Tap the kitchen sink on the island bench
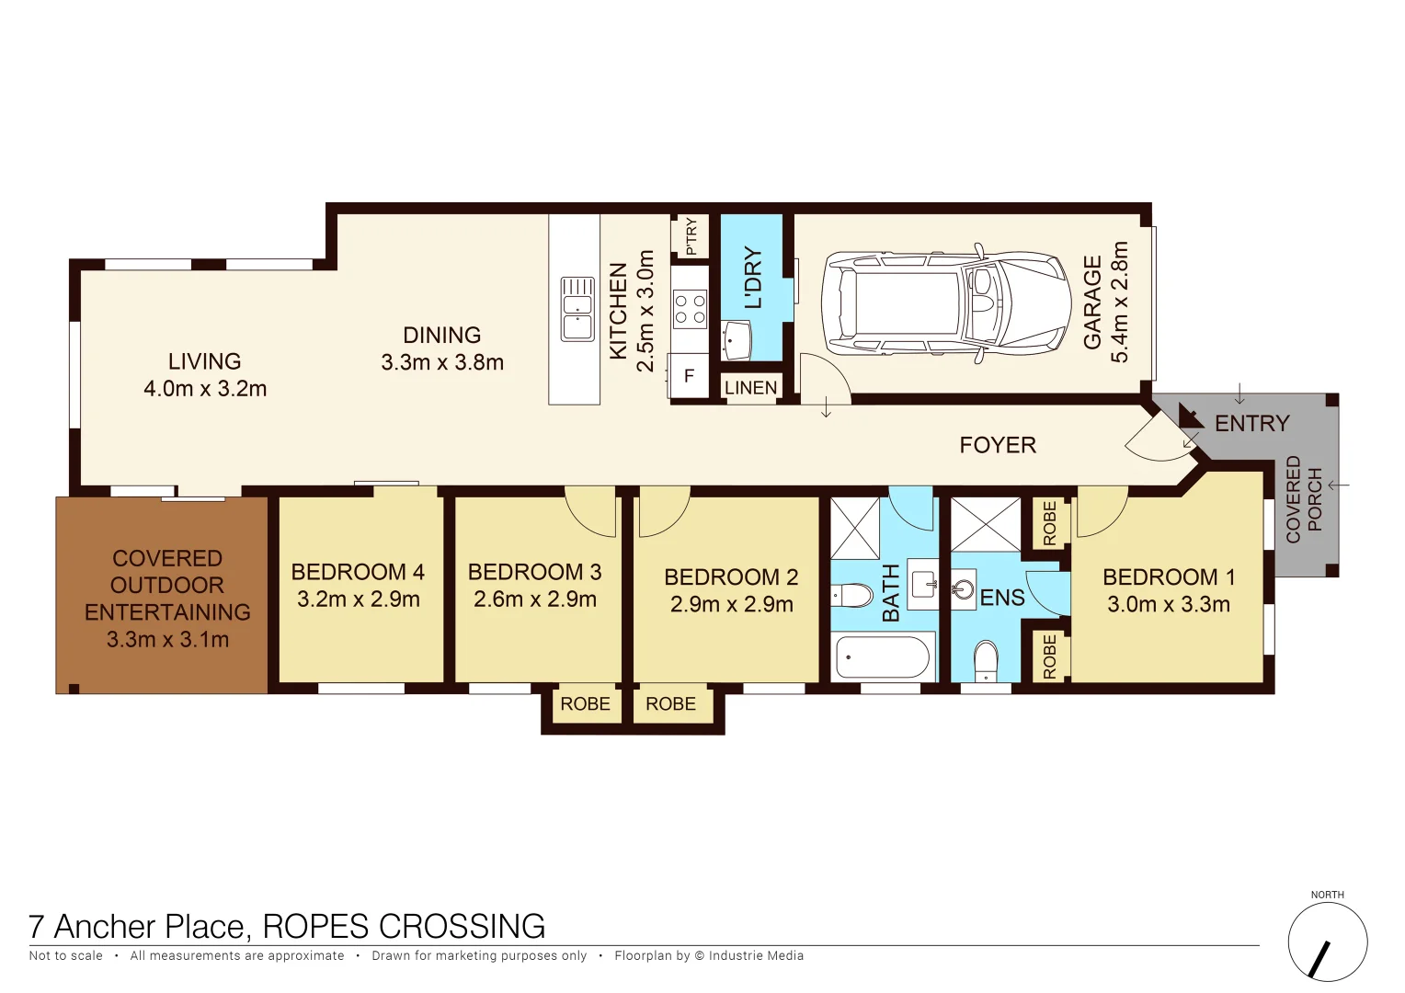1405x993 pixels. click(577, 309)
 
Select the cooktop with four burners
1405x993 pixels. click(690, 308)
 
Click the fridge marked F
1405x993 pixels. click(689, 376)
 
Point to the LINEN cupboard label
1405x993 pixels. click(750, 388)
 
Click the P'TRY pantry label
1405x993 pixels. click(691, 236)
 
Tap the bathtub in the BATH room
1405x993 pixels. click(882, 657)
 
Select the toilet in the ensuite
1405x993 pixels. click(985, 661)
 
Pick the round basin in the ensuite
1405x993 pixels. click(963, 588)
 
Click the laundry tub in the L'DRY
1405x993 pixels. click(737, 340)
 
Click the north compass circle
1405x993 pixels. click(1327, 942)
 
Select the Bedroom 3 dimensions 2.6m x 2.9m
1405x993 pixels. click(534, 599)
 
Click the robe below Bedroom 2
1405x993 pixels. click(670, 704)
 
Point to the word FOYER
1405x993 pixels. click(998, 445)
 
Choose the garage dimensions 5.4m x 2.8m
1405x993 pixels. click(1119, 302)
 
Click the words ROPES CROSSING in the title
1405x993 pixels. click(404, 926)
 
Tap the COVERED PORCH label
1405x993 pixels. click(1304, 499)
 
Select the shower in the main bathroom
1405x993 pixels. click(855, 528)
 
